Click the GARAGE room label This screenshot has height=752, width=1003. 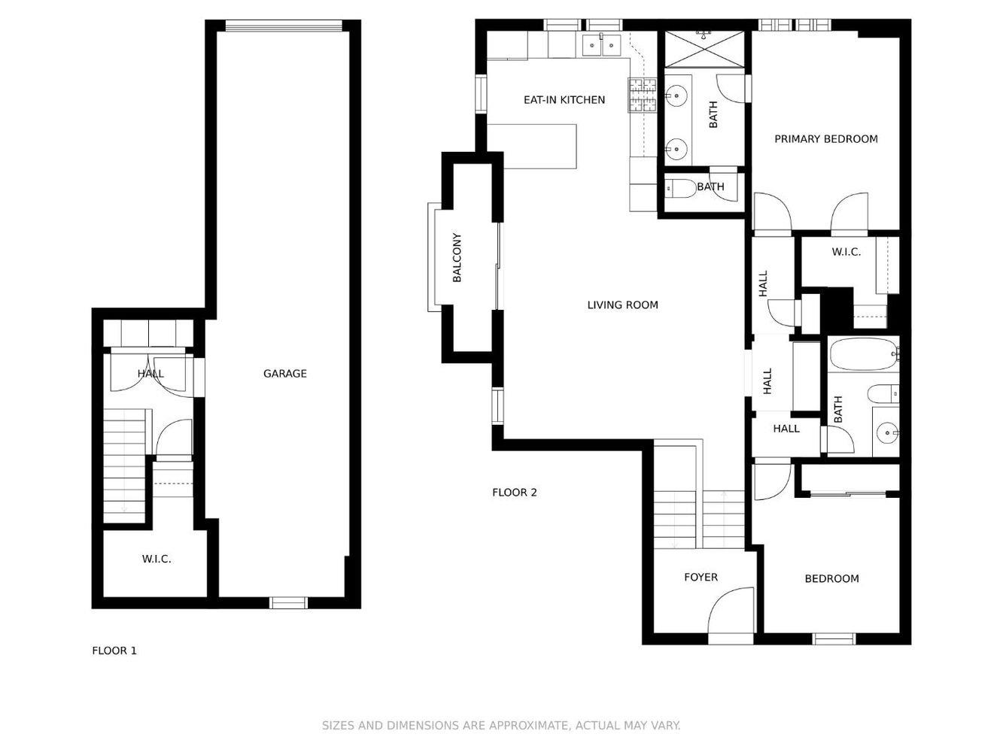click(x=284, y=374)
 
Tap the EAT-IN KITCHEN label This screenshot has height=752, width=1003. click(x=564, y=100)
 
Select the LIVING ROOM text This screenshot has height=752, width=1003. click(x=622, y=305)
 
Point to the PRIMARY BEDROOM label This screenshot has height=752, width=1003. click(x=825, y=139)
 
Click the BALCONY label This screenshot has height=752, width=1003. click(x=457, y=258)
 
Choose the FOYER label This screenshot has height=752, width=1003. click(x=701, y=578)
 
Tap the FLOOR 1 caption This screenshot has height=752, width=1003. click(x=114, y=651)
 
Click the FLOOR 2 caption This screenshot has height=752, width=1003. click(x=514, y=493)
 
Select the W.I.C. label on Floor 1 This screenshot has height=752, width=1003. click(x=157, y=559)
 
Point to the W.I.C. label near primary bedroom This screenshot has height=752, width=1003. click(x=846, y=253)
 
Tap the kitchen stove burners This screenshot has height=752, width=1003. click(x=643, y=96)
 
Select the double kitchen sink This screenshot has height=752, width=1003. click(x=601, y=47)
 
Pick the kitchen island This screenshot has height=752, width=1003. click(x=539, y=147)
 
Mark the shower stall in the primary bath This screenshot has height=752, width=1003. click(x=704, y=50)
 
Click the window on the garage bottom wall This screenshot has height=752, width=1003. click(x=289, y=602)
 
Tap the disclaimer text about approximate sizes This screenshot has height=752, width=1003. click(x=501, y=726)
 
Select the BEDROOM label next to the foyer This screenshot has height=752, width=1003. click(x=831, y=579)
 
